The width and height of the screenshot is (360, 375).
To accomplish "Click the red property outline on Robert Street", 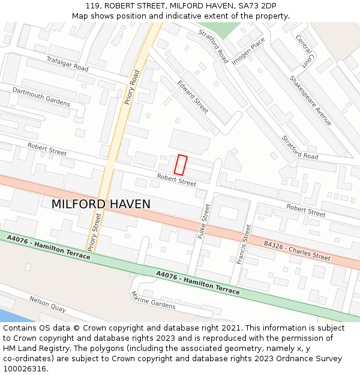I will coord(181,165).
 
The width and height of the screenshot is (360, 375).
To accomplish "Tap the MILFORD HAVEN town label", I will coord(101,204).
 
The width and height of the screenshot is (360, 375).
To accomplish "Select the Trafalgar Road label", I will coord(67,64).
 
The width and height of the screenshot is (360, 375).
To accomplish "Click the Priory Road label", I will coord(132,88).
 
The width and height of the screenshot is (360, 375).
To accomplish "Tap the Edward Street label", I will coord(193,97).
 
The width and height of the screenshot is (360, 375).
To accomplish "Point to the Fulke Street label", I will coord(204,221).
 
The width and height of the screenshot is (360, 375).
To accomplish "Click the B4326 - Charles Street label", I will coord(297,251).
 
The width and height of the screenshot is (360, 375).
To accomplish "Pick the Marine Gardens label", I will coord(153,301).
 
